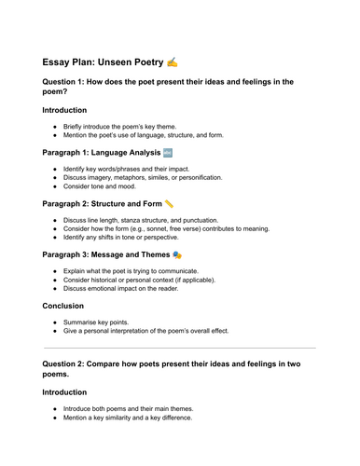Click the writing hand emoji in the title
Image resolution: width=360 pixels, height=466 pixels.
point(171,62)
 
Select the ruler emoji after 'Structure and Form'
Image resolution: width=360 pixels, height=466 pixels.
point(169,202)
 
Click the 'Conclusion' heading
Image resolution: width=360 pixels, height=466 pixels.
point(68,306)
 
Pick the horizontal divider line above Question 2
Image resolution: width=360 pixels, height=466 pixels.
point(180,349)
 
